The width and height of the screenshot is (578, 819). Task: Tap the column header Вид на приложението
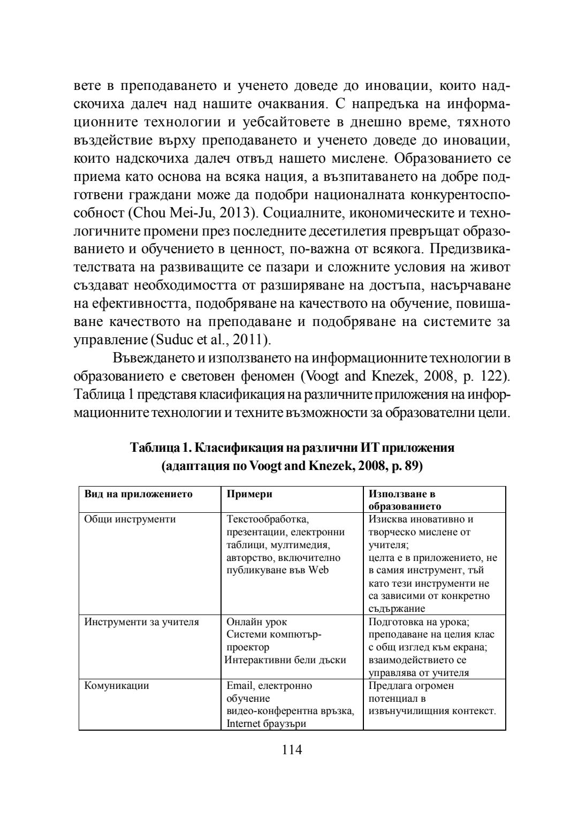(x=138, y=494)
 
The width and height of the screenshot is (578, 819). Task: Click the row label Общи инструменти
(x=130, y=519)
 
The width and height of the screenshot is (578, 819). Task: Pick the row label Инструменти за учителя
(x=142, y=622)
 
